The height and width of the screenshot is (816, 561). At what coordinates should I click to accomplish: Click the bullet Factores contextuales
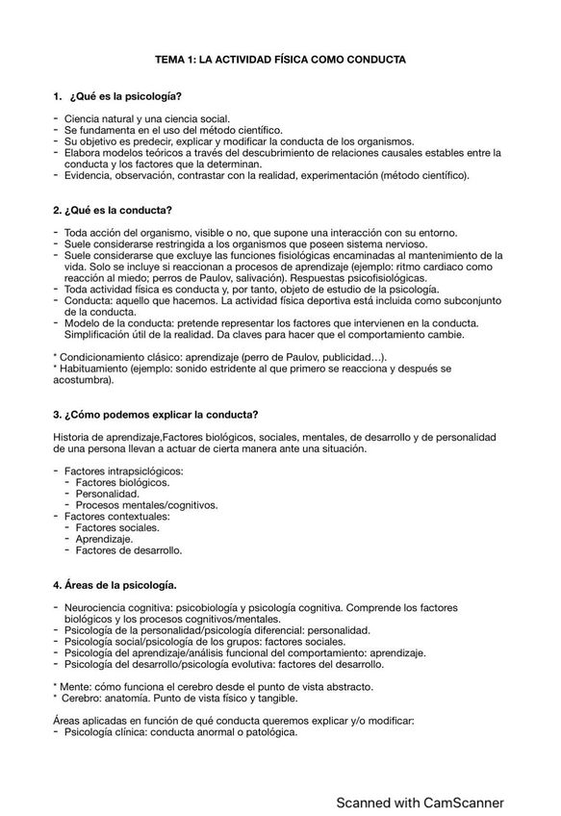(x=116, y=517)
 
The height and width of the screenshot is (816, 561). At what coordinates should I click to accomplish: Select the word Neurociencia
(x=97, y=608)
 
